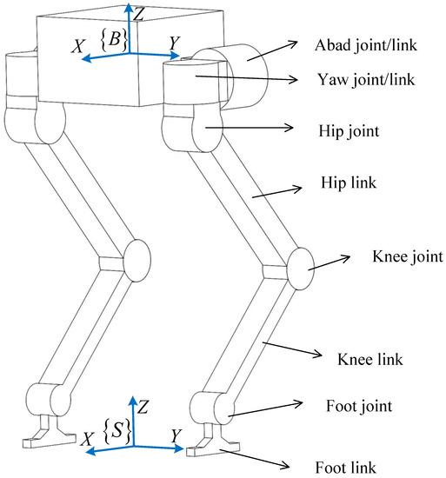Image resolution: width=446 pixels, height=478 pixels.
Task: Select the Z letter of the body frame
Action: tap(139, 11)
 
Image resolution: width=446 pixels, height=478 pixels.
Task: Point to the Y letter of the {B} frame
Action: tap(175, 41)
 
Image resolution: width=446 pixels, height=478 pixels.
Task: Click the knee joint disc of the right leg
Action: tap(299, 263)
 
